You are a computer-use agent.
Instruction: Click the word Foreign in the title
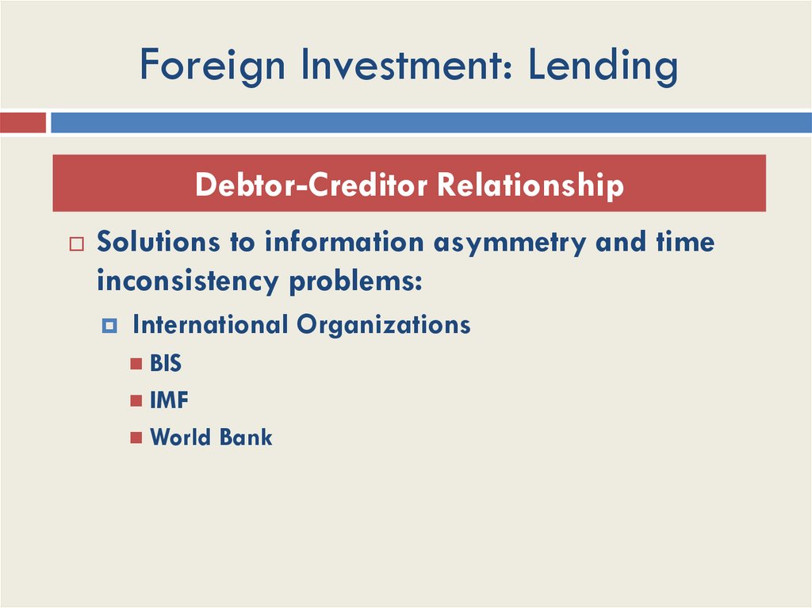212,67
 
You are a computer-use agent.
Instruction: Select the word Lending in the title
603,67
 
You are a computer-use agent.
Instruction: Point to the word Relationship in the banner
530,185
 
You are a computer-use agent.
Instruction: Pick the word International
210,324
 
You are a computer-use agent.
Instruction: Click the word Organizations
383,324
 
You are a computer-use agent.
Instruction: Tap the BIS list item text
166,364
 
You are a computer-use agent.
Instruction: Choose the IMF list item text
169,400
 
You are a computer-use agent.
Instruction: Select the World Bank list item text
211,437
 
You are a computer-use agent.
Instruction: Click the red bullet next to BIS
136,365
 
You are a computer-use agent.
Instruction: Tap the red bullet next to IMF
136,401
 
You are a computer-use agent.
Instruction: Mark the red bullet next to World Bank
136,438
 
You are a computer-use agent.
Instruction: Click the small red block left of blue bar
22,123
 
